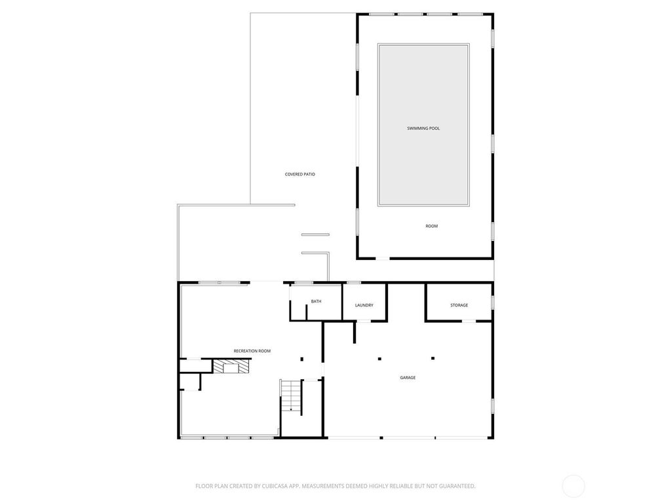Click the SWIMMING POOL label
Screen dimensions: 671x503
(423, 128)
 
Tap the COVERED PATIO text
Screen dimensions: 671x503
(300, 174)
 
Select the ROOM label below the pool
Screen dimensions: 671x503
(431, 226)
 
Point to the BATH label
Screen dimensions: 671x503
(316, 301)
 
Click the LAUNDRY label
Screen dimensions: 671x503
(364, 305)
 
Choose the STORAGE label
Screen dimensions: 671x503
(459, 305)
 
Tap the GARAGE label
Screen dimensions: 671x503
(408, 377)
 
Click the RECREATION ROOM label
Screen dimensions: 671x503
(252, 351)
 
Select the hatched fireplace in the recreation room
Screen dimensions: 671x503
(231, 367)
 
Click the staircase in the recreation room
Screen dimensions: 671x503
(291, 396)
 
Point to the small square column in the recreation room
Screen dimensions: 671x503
(301, 359)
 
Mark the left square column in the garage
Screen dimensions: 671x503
(379, 358)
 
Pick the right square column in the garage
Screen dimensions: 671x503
(432, 358)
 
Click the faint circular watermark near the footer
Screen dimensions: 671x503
(573, 486)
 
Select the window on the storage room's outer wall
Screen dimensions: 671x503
(493, 302)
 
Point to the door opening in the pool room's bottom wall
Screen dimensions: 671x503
(383, 258)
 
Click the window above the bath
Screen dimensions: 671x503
(304, 282)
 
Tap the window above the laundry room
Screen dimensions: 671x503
(353, 282)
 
